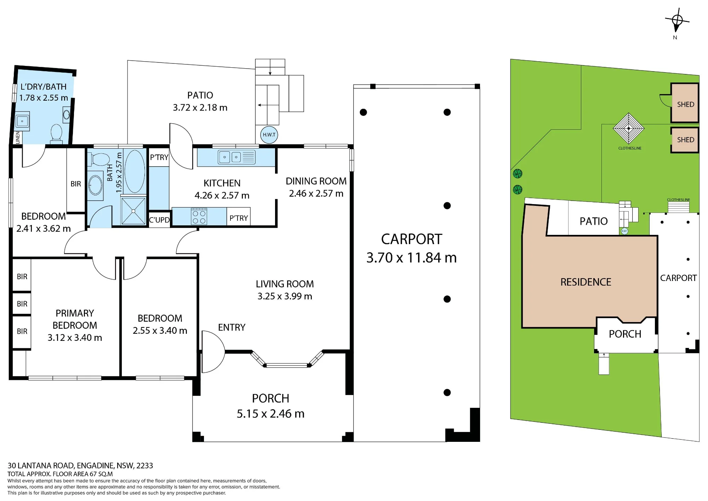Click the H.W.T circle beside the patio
coord(269,135)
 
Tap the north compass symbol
coord(677,21)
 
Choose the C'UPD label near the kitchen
coord(159,220)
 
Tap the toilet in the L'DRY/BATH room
coord(57,134)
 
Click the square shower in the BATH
coord(133,211)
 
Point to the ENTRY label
coord(232,327)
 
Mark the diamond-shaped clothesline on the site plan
coord(629,128)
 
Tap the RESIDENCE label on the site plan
coord(586,282)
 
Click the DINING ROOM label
coord(316,181)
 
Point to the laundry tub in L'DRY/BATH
coord(22,121)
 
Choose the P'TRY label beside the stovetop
coord(239,218)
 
